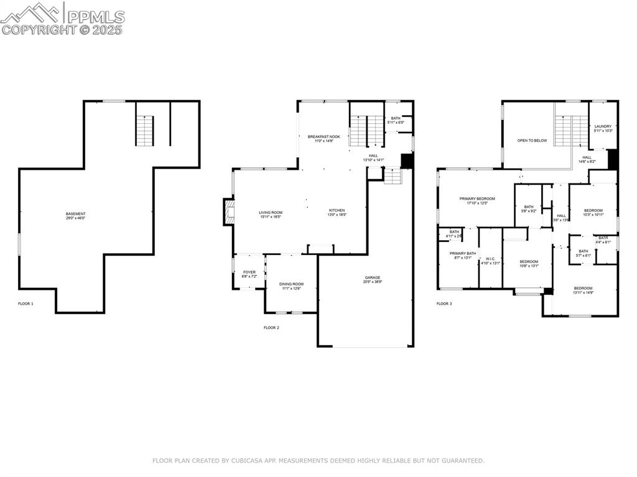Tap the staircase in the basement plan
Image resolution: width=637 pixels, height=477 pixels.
pos(144,131)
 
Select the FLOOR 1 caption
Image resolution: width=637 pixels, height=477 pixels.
pos(26,303)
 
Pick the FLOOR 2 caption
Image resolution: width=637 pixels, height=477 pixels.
pos(271,327)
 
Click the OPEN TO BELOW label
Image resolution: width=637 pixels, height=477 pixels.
pos(532,141)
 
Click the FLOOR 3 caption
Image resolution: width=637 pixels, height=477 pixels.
pos(444,303)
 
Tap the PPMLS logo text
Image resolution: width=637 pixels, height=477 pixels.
pos(95,17)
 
